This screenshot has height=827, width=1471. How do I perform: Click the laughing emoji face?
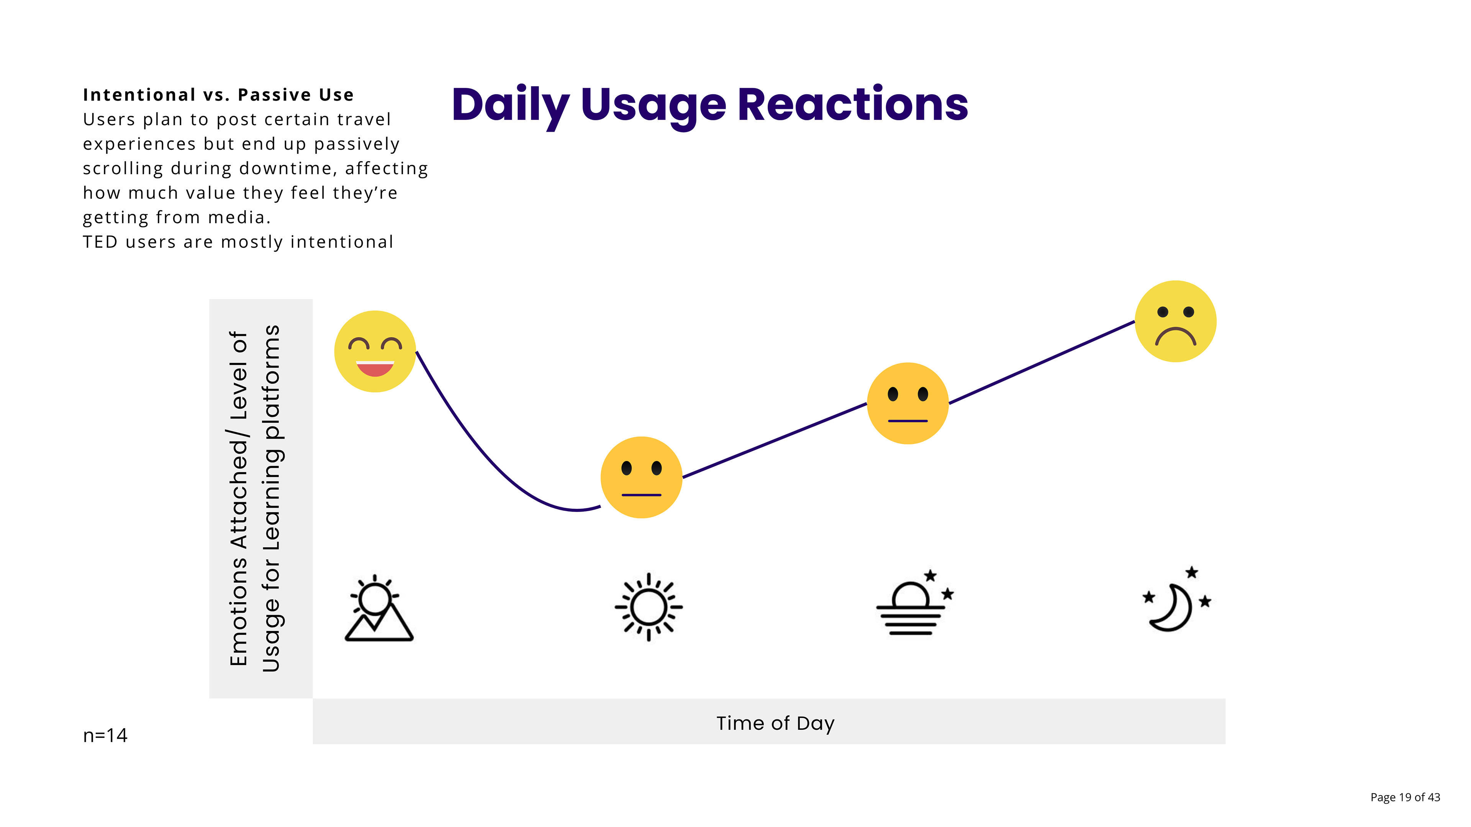click(x=375, y=351)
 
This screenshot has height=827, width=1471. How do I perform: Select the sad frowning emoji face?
click(x=1175, y=321)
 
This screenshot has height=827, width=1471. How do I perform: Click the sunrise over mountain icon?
click(x=378, y=608)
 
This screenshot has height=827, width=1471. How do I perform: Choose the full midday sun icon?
click(x=649, y=607)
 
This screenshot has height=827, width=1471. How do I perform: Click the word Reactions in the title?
click(x=853, y=105)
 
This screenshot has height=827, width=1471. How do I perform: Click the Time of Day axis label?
click(x=775, y=723)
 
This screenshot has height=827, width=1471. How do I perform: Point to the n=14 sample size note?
click(x=105, y=735)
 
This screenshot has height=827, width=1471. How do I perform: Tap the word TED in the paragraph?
click(x=100, y=242)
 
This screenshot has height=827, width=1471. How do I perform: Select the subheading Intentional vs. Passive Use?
click(x=218, y=95)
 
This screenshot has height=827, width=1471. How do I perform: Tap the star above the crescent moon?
click(x=1192, y=572)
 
